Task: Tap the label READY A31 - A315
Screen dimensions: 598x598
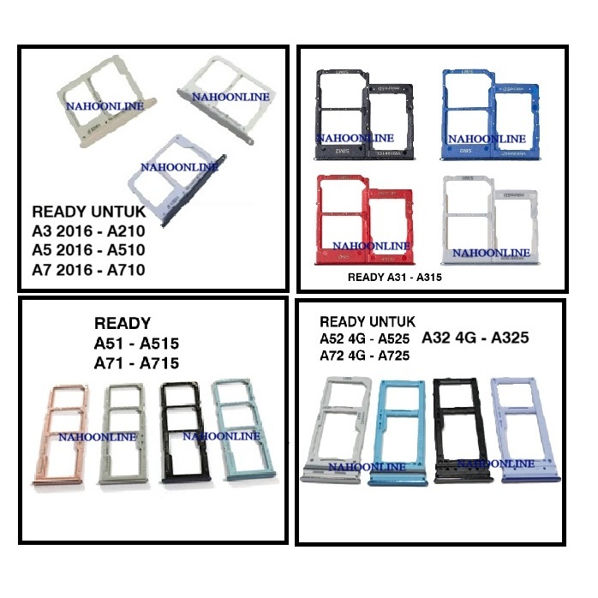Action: click(x=397, y=278)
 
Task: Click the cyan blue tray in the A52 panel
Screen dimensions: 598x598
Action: click(x=397, y=428)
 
